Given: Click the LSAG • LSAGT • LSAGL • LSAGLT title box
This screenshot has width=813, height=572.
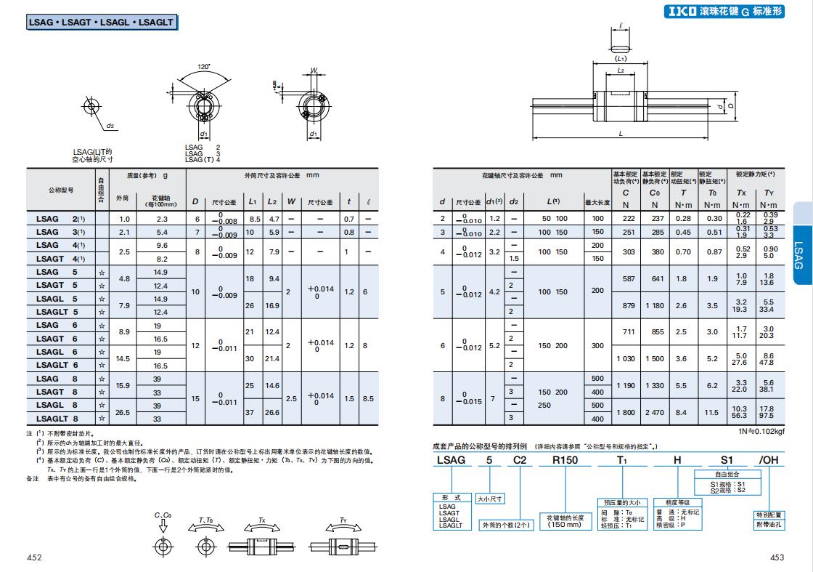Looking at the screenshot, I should [101, 23].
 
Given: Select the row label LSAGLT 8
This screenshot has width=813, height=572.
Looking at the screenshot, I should [57, 419].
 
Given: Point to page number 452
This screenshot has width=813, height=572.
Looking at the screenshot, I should [34, 557].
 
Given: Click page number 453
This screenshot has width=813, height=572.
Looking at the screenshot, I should [777, 557].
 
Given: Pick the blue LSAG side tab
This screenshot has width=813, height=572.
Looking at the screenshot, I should [798, 254].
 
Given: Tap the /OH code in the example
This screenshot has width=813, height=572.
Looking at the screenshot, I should [767, 459].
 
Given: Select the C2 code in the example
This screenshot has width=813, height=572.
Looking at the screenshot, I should [520, 459].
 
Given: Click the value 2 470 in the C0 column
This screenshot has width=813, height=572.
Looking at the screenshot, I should [654, 413].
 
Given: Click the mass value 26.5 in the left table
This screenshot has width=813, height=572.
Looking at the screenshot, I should [123, 412].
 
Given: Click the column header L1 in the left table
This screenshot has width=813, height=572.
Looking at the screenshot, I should [253, 201].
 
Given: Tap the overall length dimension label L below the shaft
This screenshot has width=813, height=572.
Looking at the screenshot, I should [621, 134].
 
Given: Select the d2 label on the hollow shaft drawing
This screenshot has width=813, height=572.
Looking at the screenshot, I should [110, 125].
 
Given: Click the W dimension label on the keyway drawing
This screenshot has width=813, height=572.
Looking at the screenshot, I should [314, 71].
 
